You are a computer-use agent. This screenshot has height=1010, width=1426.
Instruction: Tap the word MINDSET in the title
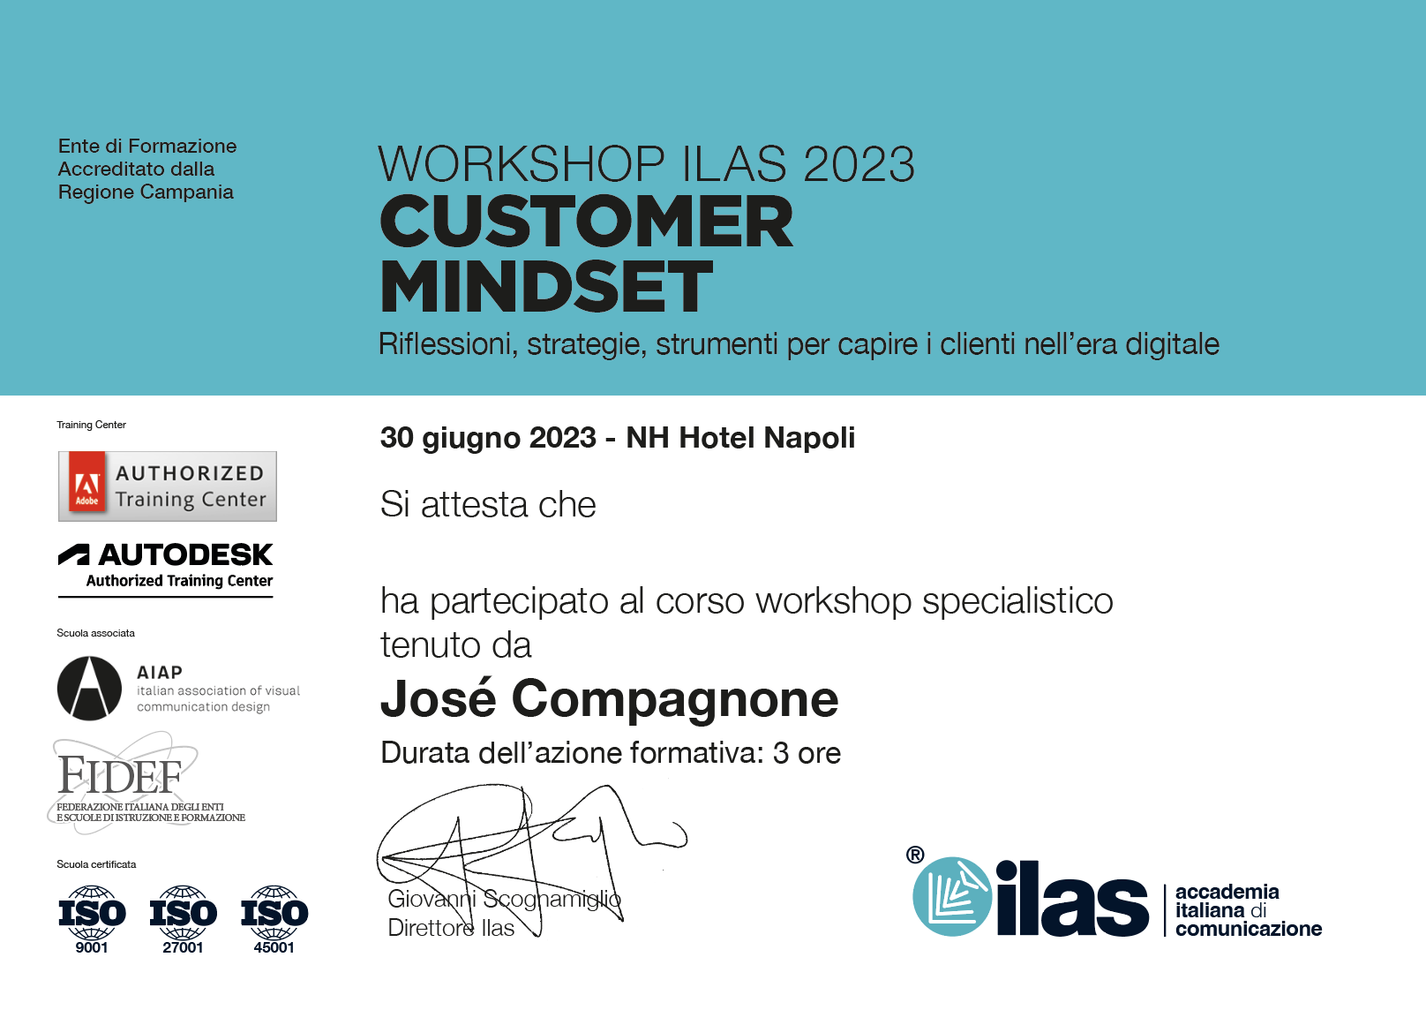point(546,286)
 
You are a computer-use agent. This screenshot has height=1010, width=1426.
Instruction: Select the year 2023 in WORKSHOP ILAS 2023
point(859,164)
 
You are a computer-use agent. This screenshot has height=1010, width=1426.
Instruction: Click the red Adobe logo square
point(87,486)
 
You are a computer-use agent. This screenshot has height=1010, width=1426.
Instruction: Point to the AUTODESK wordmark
point(185,555)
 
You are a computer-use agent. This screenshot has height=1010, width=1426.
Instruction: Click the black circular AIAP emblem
point(89,689)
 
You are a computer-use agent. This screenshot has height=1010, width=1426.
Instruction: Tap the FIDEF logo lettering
point(120,775)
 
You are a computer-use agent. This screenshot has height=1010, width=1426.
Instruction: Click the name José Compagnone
point(609,699)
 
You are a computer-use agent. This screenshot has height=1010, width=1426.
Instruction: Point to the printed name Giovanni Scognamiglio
point(504,899)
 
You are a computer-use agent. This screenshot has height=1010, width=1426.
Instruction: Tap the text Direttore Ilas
point(451,928)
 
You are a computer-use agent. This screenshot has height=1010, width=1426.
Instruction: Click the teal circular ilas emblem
point(952,897)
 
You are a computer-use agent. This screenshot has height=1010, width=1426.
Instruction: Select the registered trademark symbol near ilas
point(915,855)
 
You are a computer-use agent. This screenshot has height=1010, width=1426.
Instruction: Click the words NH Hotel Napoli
point(740,438)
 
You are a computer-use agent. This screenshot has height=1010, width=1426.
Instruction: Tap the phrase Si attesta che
point(488,505)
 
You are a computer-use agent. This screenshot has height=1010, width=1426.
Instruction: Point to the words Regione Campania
point(146,192)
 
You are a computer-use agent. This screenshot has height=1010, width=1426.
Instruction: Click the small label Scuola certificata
point(96,864)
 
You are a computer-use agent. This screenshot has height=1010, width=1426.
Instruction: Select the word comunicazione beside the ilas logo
point(1249,929)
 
